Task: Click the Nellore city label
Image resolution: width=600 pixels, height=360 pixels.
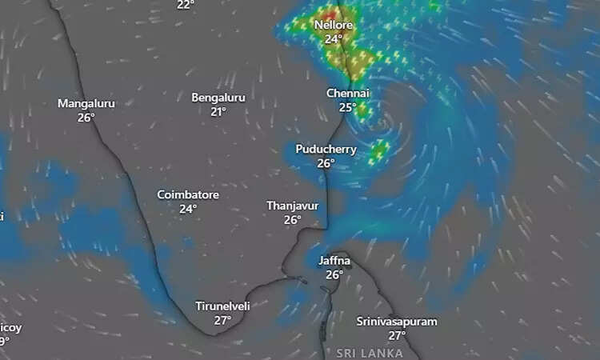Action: pyautogui.click(x=333, y=25)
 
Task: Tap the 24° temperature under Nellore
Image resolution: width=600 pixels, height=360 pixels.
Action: pyautogui.click(x=333, y=38)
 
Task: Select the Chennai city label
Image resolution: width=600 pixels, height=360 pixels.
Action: pyautogui.click(x=347, y=94)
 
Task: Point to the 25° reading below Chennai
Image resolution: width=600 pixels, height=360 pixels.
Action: pyautogui.click(x=347, y=107)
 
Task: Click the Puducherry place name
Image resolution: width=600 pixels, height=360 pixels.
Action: pyautogui.click(x=326, y=149)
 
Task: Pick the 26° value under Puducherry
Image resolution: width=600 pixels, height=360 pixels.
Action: pyautogui.click(x=326, y=162)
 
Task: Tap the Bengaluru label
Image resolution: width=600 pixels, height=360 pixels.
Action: pyautogui.click(x=218, y=98)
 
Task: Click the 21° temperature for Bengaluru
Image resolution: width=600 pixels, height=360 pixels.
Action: pyautogui.click(x=218, y=111)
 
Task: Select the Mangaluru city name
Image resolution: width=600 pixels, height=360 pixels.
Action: pyautogui.click(x=86, y=103)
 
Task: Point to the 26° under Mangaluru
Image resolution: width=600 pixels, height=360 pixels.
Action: pyautogui.click(x=86, y=117)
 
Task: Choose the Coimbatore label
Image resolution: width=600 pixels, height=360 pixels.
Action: pyautogui.click(x=188, y=195)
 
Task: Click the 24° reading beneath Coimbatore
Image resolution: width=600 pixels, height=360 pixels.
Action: pyautogui.click(x=188, y=209)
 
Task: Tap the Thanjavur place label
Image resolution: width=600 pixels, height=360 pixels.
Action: pyautogui.click(x=292, y=206)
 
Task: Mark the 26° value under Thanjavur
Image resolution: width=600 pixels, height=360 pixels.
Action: pyautogui.click(x=292, y=219)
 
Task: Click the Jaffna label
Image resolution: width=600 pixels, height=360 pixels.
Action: pyautogui.click(x=334, y=261)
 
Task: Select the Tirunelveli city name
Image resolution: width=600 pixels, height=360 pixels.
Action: pyautogui.click(x=223, y=306)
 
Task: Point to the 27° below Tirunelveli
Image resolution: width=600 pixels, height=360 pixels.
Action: pyautogui.click(x=222, y=320)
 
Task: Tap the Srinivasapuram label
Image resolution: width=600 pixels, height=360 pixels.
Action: pyautogui.click(x=397, y=322)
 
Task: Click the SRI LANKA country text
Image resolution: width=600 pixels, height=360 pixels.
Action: pyautogui.click(x=369, y=353)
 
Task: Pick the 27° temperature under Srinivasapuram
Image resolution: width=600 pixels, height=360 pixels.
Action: pyautogui.click(x=398, y=335)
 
